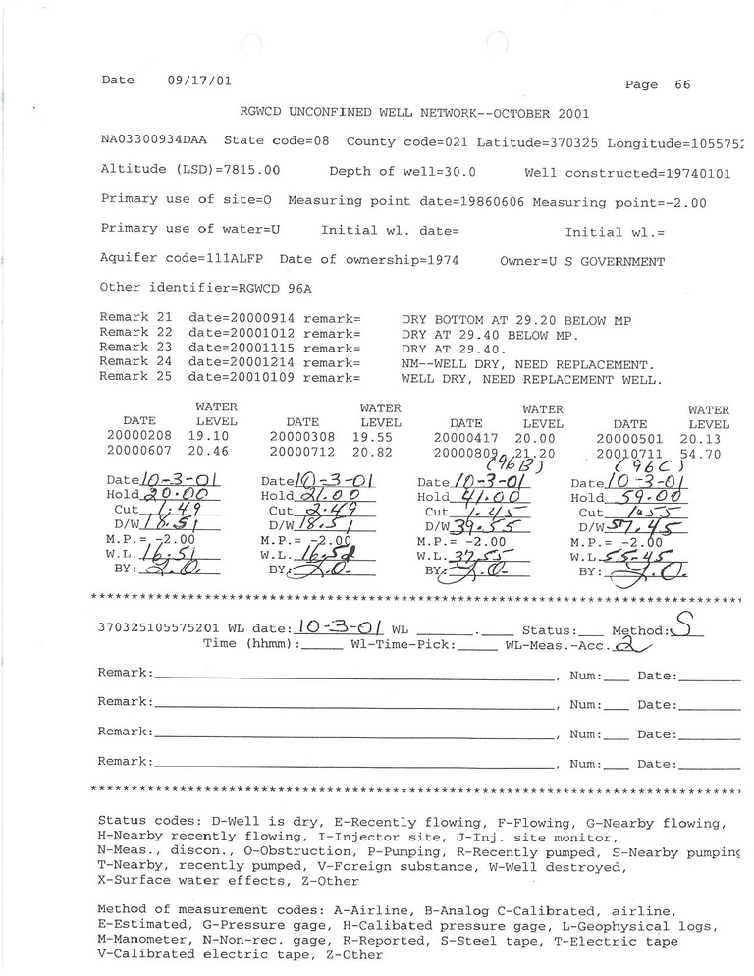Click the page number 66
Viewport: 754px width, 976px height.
(x=682, y=85)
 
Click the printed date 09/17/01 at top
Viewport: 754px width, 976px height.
(x=199, y=81)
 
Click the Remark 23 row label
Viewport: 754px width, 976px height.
(x=136, y=348)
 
